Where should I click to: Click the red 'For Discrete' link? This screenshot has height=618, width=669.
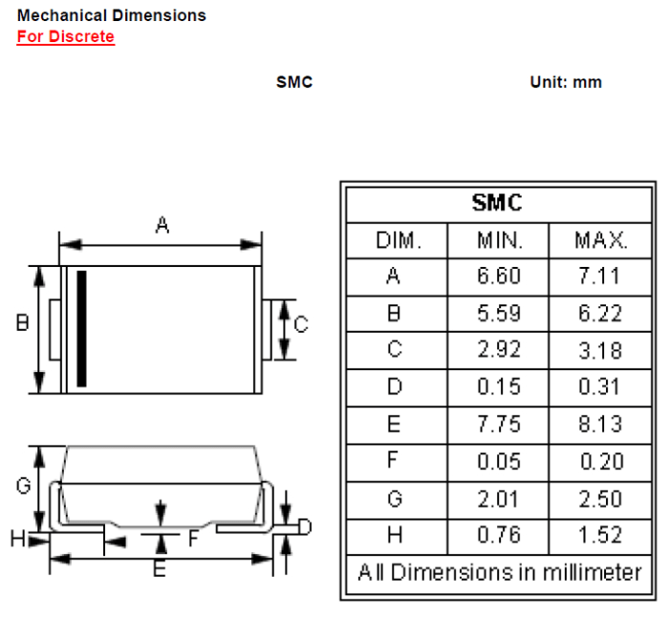[65, 37]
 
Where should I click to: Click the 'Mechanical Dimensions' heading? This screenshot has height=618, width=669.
[112, 16]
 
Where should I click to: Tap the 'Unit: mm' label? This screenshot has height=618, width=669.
[566, 82]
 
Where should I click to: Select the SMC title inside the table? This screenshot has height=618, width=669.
[496, 203]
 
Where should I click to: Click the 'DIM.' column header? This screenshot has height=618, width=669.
[398, 240]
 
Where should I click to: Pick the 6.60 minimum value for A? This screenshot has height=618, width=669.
[499, 276]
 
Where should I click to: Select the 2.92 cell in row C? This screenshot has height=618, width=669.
[499, 350]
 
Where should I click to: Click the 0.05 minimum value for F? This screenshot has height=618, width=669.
[499, 462]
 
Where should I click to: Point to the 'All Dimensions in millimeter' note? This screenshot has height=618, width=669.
[499, 573]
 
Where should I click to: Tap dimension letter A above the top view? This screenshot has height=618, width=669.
[162, 226]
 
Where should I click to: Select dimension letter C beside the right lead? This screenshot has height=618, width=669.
[300, 325]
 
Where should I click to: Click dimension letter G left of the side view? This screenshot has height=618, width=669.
[24, 486]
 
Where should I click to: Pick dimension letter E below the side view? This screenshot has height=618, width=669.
[160, 570]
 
